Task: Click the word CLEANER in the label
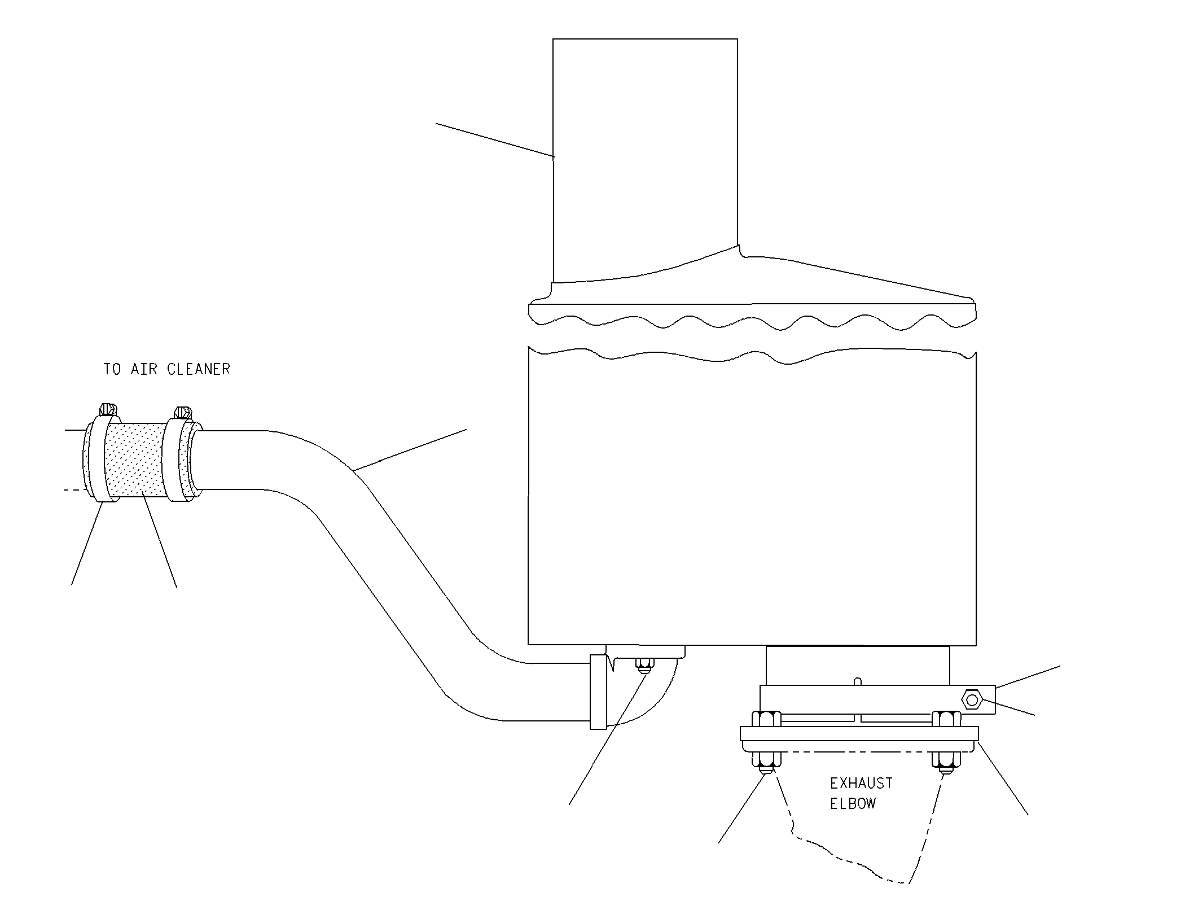pyautogui.click(x=199, y=369)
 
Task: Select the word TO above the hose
pyautogui.click(x=112, y=369)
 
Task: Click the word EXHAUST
pyautogui.click(x=861, y=784)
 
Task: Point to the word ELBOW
pyautogui.click(x=853, y=804)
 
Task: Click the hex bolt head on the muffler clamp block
pyautogui.click(x=972, y=701)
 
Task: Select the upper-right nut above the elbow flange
pyautogui.click(x=946, y=719)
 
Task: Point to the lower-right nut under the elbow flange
pyautogui.click(x=946, y=762)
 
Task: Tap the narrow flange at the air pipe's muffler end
pyautogui.click(x=598, y=692)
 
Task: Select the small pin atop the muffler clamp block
pyautogui.click(x=858, y=681)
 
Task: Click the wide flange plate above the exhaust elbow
pyautogui.click(x=859, y=733)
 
